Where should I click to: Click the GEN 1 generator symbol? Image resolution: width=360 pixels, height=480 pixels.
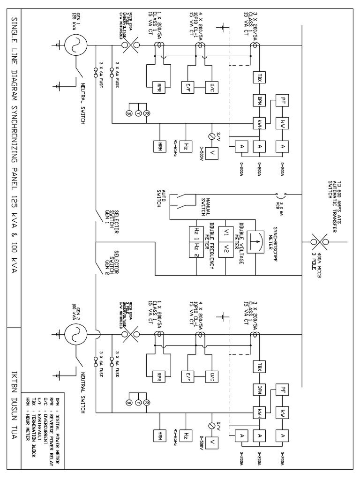click(74, 45)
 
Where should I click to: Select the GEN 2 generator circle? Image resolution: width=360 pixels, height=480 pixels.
click(74, 334)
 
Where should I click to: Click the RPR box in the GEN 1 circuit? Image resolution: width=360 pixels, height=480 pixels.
click(160, 86)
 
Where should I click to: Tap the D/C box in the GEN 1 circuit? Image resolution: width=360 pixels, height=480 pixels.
click(209, 86)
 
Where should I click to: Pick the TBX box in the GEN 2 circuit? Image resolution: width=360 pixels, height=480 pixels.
click(259, 365)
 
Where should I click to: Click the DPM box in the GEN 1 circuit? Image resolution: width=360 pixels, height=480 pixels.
click(259, 99)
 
